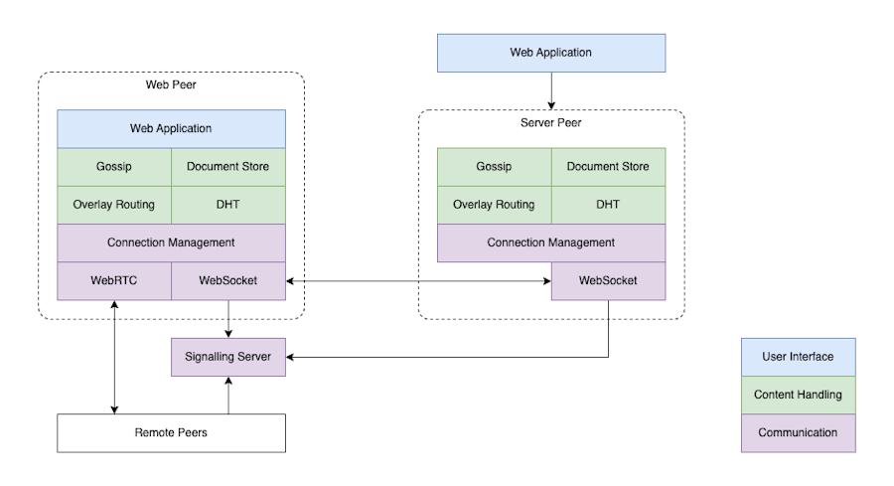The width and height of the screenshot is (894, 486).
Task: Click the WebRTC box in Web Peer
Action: pyautogui.click(x=114, y=281)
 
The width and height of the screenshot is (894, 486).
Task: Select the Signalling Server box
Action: pyautogui.click(x=228, y=357)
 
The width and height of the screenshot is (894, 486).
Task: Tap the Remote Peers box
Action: pyautogui.click(x=171, y=433)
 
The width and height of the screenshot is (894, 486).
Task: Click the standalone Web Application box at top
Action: pyautogui.click(x=551, y=53)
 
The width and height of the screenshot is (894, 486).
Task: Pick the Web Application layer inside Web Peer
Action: pyautogui.click(x=171, y=129)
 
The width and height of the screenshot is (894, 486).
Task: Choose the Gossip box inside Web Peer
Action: pyautogui.click(x=114, y=167)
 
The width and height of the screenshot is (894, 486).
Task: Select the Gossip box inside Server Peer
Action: pyautogui.click(x=494, y=167)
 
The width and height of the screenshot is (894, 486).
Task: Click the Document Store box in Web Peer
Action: pyautogui.click(x=228, y=167)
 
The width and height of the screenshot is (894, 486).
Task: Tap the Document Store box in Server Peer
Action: pyautogui.click(x=608, y=167)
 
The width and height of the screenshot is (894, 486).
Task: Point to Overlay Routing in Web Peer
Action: pyautogui.click(x=114, y=205)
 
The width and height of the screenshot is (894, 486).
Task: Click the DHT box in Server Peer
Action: pyautogui.click(x=608, y=205)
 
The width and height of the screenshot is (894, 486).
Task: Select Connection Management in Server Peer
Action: pyautogui.click(x=551, y=243)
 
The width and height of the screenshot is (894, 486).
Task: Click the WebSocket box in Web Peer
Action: pyautogui.click(x=228, y=281)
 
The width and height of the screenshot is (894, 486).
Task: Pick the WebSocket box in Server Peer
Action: pyautogui.click(x=608, y=281)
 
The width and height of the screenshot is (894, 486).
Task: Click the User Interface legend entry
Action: pyautogui.click(x=798, y=357)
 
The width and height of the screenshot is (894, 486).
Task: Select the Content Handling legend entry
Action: pyautogui.click(x=798, y=395)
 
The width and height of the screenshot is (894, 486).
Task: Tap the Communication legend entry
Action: pyautogui.click(x=798, y=433)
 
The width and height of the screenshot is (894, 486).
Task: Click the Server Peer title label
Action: pyautogui.click(x=551, y=123)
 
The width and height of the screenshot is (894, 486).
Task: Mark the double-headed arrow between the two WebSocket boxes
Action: pyautogui.click(x=417, y=282)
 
